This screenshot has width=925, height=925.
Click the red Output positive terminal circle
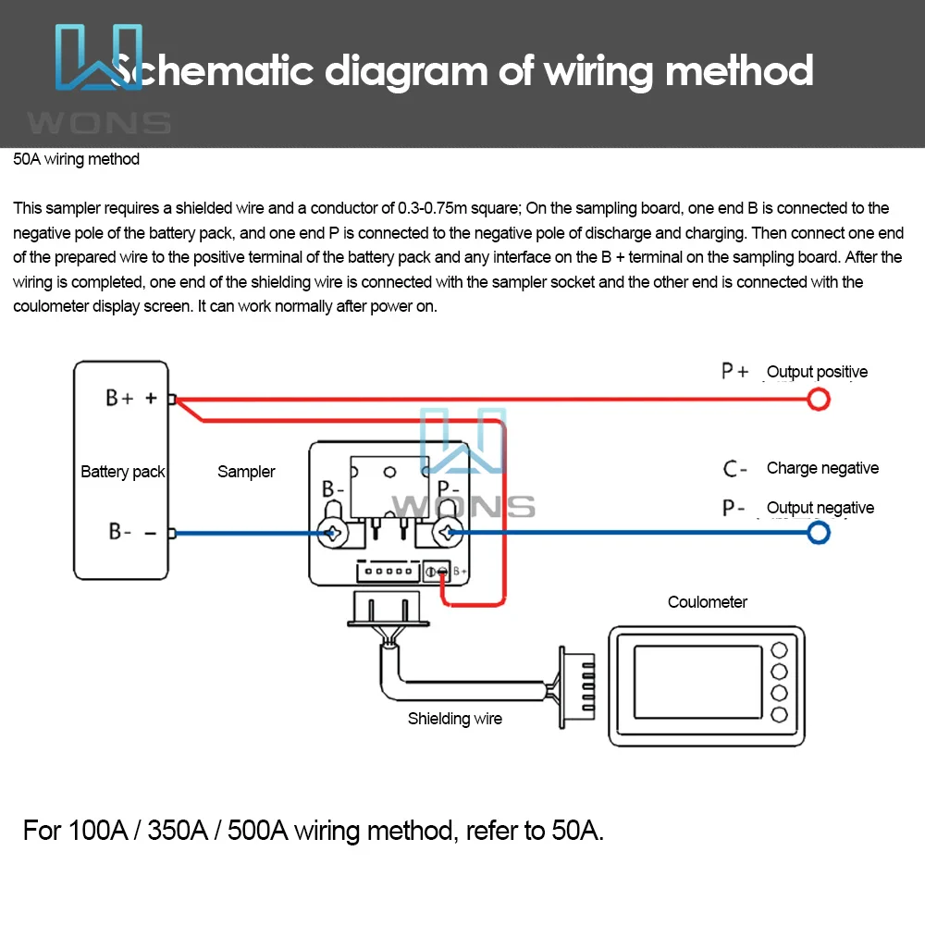pos(819,400)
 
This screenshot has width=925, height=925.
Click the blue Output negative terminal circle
pos(819,533)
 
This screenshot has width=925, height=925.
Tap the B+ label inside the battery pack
pos(120,399)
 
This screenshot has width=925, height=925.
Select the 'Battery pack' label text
pos(122,472)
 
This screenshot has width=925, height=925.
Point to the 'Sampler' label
pos(246,472)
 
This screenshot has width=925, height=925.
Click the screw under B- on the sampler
pos(331,533)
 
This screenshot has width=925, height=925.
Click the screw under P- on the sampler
pos(449,533)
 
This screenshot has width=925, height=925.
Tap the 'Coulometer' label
pos(708,602)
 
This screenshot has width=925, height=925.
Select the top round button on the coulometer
pos(779,649)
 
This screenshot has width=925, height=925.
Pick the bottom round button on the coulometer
pos(779,713)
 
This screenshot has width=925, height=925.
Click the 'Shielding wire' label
pos(455,719)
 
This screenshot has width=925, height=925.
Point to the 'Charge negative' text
pos(822,468)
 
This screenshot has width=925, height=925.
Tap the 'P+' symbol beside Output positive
pos(735,371)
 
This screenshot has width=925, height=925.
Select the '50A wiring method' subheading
pos(77,159)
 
